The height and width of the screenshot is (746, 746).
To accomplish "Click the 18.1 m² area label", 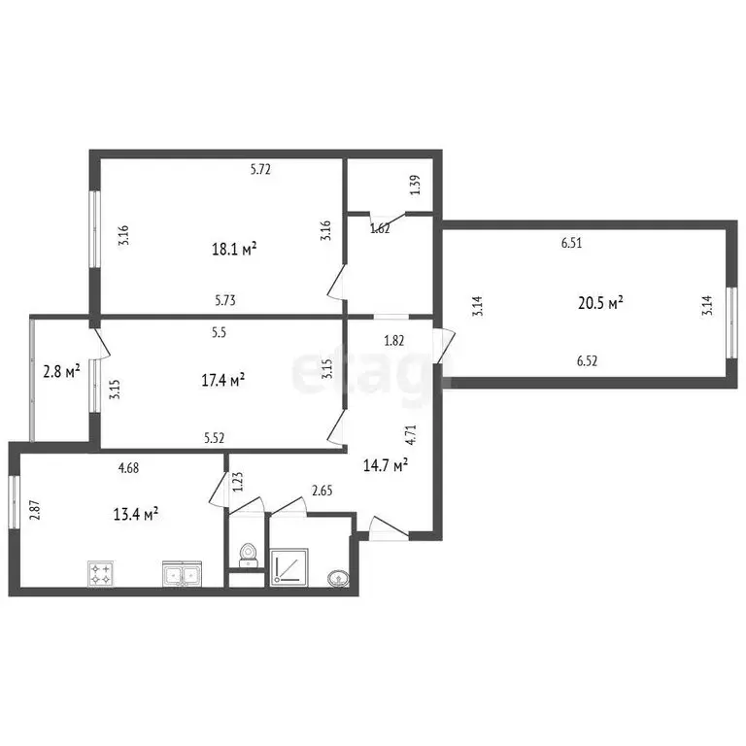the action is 234,249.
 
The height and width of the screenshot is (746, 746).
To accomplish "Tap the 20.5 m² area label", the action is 600,303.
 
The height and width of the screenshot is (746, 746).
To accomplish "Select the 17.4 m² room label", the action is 223,380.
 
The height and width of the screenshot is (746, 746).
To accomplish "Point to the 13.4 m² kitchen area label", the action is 136,514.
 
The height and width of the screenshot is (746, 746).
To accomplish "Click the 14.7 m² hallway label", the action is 386,465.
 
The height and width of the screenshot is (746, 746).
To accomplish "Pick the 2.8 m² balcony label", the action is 61,371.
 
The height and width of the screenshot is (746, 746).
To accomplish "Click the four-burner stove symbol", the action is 100,573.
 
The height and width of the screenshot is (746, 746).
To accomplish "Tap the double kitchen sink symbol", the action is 183,573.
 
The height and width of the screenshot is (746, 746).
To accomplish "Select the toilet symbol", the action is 248,556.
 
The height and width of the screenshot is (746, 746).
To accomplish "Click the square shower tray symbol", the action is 288,567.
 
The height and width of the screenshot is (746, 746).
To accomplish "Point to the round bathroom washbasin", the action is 338,578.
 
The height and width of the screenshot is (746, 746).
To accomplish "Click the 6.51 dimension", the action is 571,243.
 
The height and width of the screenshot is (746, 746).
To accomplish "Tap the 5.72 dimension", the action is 260,169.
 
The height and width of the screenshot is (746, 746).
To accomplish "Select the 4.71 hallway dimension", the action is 411,434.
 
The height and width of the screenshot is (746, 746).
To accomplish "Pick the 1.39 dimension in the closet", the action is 416,185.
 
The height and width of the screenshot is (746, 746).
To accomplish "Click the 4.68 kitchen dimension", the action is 128,467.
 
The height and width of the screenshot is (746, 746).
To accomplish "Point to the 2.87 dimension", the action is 35,510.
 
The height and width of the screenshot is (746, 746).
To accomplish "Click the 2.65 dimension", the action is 322,490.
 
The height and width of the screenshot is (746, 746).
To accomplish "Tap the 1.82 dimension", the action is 394,341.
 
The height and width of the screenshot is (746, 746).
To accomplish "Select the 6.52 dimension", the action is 587,361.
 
